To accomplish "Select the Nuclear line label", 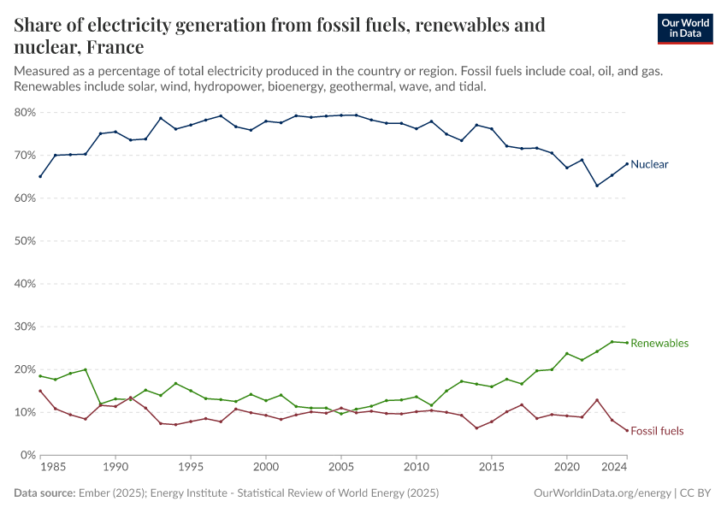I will point(649,164).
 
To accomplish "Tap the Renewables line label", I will point(659,343).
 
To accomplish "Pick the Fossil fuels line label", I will point(657,431).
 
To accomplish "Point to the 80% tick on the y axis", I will point(24,112).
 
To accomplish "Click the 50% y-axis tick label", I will point(24,241).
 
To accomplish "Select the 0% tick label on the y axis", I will point(27,455).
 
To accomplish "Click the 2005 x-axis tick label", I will point(340,469).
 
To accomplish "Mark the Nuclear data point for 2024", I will point(627,163).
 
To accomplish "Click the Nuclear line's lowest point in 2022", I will point(597,186).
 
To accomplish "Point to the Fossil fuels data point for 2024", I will point(627,431).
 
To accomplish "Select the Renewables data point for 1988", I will point(86,369).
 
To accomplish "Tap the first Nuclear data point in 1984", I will point(40,176).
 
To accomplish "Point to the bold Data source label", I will point(44,493).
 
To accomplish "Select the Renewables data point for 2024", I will point(627,343).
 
